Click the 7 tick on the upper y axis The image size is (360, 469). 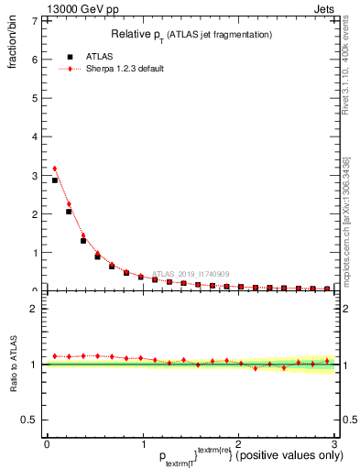(35, 20)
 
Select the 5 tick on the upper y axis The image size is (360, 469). (35, 98)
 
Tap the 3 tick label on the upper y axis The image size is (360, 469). (35, 175)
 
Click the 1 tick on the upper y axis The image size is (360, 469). (35, 253)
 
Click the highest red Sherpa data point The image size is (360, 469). (55, 169)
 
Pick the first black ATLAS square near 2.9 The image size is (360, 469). (55, 180)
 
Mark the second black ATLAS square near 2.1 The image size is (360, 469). (69, 212)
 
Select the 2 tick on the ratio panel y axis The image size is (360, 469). (35, 309)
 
